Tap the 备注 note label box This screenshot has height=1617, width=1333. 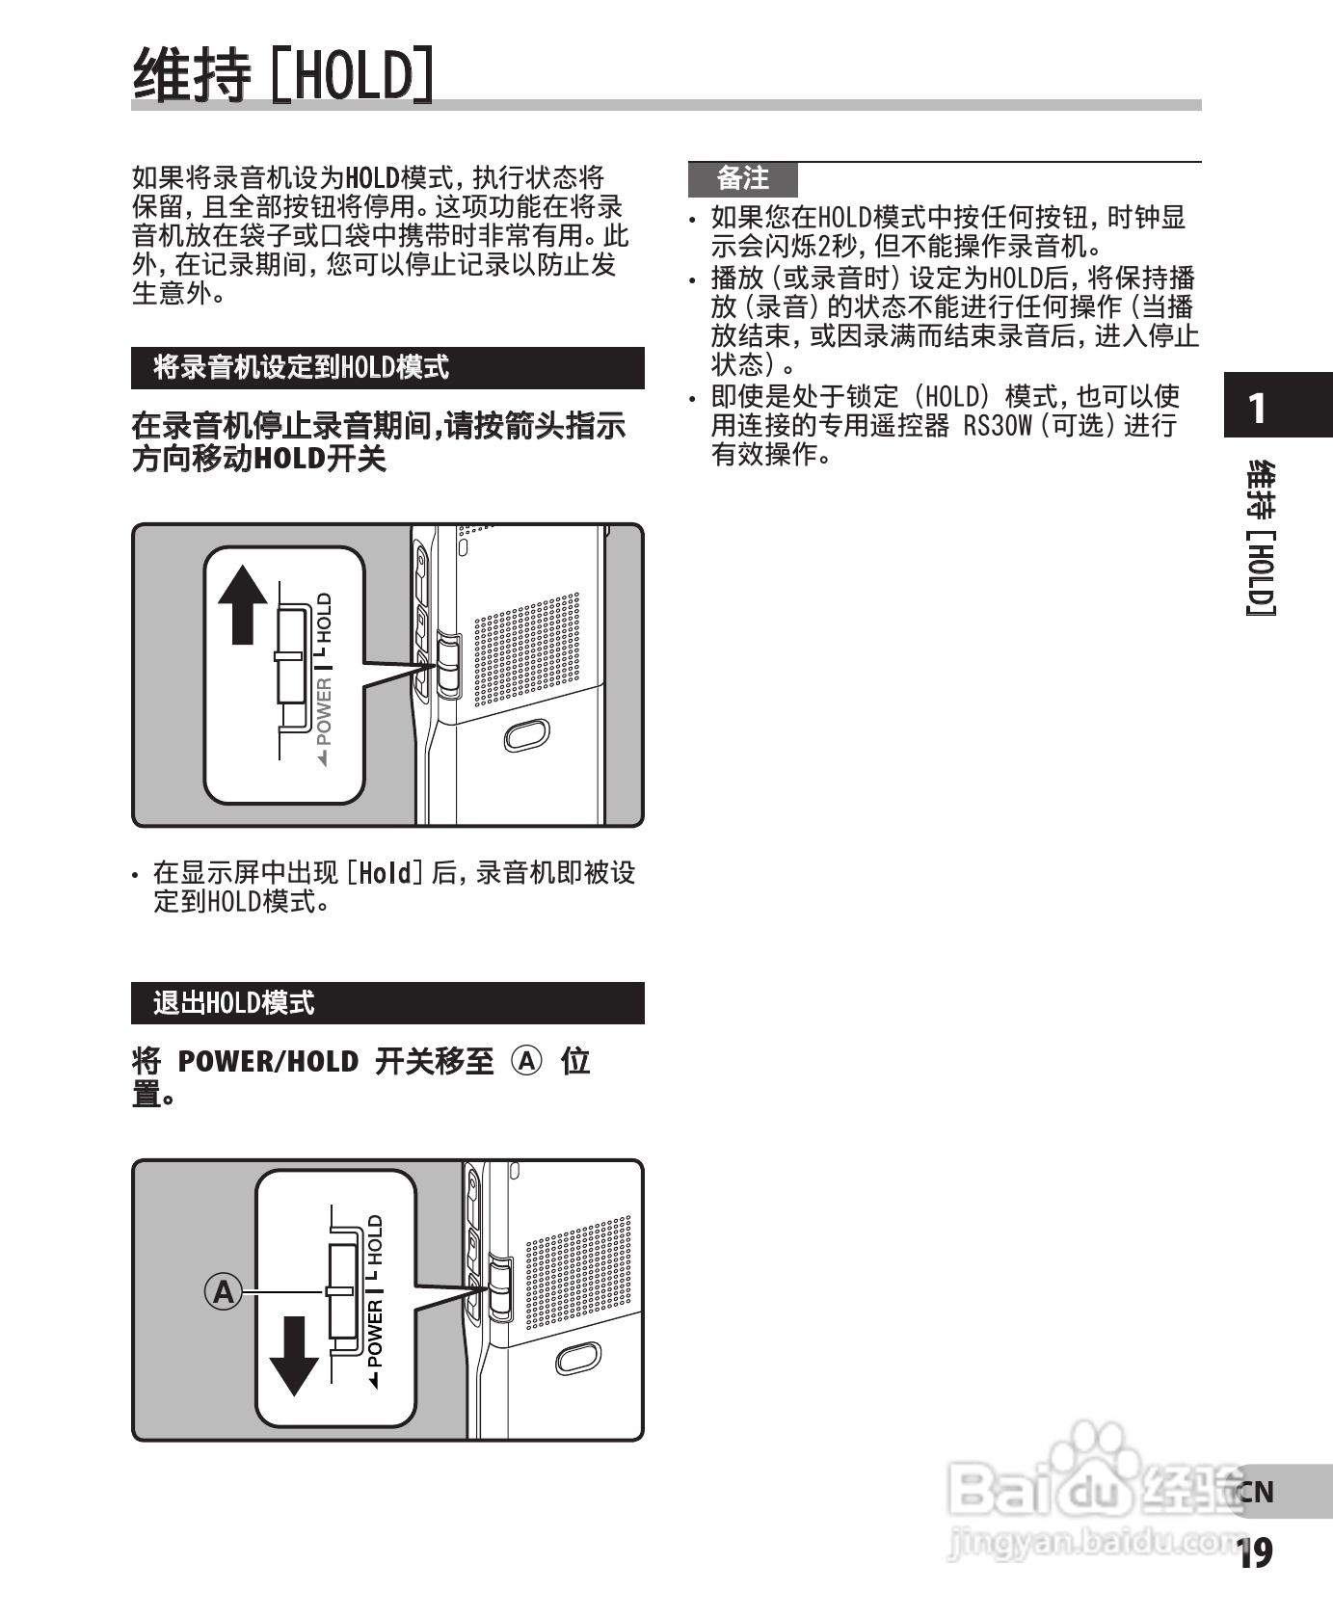click(742, 179)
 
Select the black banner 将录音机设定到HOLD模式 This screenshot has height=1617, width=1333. click(387, 368)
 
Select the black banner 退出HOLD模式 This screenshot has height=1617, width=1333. click(387, 1003)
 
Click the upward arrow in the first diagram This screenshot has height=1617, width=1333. click(242, 604)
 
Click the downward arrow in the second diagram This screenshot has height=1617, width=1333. click(293, 1356)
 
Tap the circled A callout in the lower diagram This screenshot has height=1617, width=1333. click(224, 1290)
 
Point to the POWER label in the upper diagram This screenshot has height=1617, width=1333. click(324, 711)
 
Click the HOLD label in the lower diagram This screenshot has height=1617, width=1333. click(375, 1240)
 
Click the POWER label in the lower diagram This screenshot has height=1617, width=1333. click(375, 1334)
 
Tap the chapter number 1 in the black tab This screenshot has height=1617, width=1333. click(1257, 409)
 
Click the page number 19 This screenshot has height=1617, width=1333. click(1254, 1552)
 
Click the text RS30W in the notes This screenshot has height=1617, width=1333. click(997, 425)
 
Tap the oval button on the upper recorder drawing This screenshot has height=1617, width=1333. click(526, 735)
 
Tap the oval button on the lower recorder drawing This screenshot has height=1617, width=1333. click(578, 1358)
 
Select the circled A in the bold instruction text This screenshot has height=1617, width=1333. click(526, 1061)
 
